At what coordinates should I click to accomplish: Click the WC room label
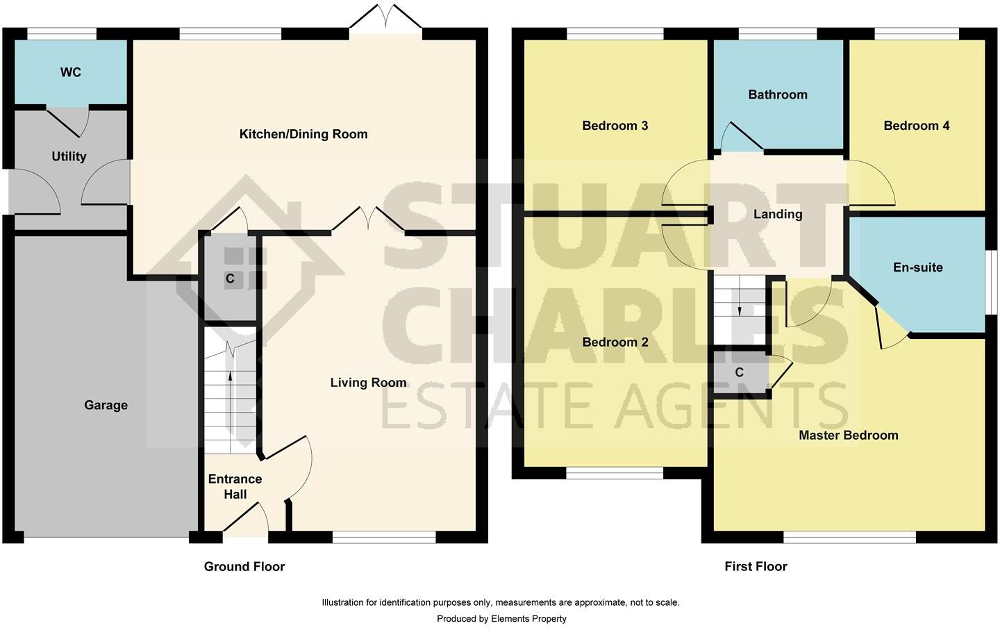tap(71, 72)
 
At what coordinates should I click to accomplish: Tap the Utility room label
tap(69, 156)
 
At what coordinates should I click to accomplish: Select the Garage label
tap(106, 405)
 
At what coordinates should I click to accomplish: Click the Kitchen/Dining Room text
tap(303, 134)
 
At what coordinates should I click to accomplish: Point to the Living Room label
tap(368, 383)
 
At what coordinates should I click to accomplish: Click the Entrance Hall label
tap(235, 486)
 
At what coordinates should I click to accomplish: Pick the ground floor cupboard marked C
tap(230, 279)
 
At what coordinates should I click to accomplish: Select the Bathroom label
tap(777, 94)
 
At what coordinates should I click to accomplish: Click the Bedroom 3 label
tap(615, 126)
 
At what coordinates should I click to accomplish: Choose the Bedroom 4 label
tap(916, 126)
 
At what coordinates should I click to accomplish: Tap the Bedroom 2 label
tap(615, 342)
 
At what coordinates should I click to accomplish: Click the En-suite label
tap(917, 267)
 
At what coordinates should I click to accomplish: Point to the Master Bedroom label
tap(848, 436)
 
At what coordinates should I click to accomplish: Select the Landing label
tap(778, 214)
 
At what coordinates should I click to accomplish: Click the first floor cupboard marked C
tap(739, 373)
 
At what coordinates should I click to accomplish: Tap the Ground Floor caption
tap(244, 566)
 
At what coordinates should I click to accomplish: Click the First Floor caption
tap(756, 566)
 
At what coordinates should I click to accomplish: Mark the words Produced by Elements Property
tap(501, 618)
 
